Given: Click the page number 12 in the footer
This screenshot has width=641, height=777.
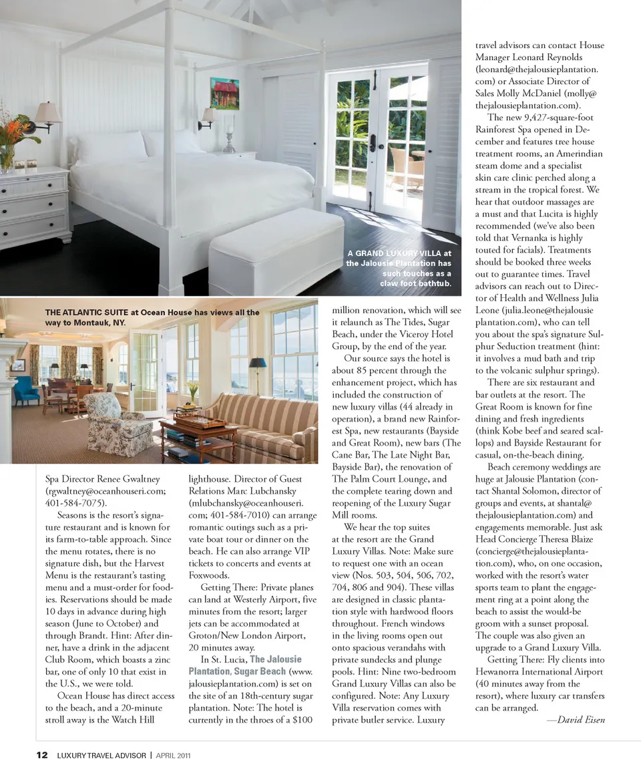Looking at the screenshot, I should [x=41, y=755].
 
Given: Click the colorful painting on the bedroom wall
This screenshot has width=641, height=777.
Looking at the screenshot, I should [x=224, y=94].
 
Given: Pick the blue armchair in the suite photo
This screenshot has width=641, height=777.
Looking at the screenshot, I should [x=25, y=391].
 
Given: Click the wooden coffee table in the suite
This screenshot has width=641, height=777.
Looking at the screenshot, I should [x=198, y=435].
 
